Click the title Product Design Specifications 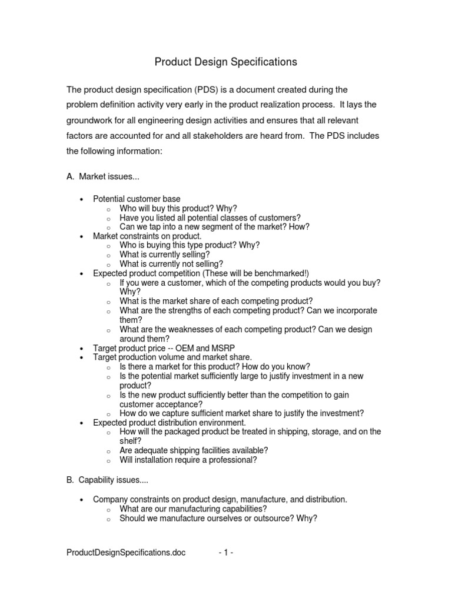tap(225, 62)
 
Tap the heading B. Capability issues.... tap(108, 480)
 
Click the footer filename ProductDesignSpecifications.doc tap(127, 553)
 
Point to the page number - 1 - tap(226, 553)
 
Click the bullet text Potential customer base tap(137, 199)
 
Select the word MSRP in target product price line tap(223, 348)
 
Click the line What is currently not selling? tap(171, 264)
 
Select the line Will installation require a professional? tap(188, 460)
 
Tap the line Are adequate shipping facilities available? tap(194, 451)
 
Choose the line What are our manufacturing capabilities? tap(193, 509)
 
